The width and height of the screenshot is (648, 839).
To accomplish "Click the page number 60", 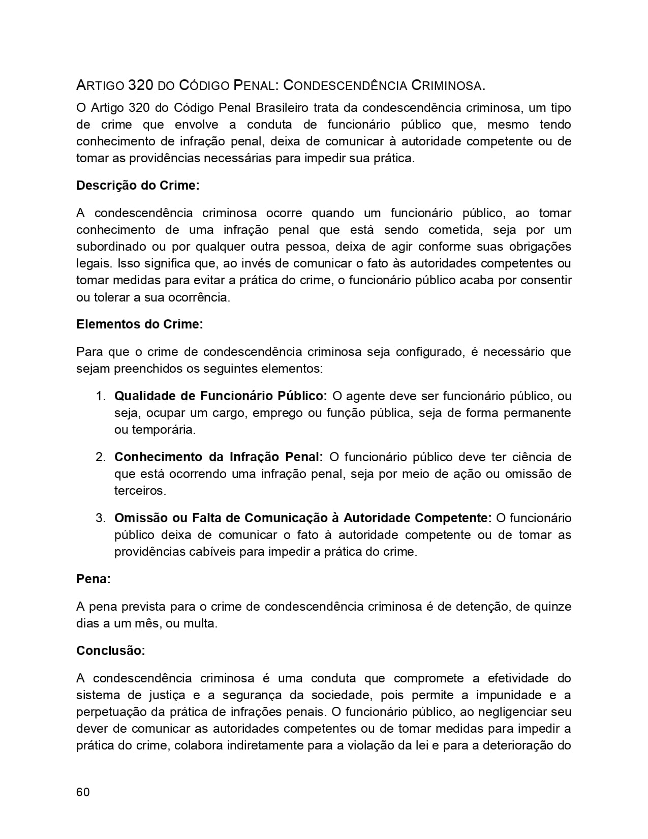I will click(x=83, y=792).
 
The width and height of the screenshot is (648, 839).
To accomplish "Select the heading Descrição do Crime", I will click(x=138, y=186).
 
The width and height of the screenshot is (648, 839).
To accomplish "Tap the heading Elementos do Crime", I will click(x=139, y=324).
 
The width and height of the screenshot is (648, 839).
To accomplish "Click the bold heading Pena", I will click(x=93, y=579).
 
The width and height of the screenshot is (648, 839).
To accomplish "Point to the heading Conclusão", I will click(x=110, y=651).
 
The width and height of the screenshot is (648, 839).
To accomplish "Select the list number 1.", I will click(x=100, y=396).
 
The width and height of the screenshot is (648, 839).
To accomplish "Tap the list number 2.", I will click(x=100, y=457).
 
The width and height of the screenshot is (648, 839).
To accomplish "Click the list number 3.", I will click(x=100, y=518).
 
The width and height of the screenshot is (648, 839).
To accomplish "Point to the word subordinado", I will click(x=110, y=247).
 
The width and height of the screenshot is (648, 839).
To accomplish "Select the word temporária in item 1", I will click(x=155, y=430).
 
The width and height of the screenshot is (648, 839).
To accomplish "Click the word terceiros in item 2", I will click(x=140, y=491).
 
